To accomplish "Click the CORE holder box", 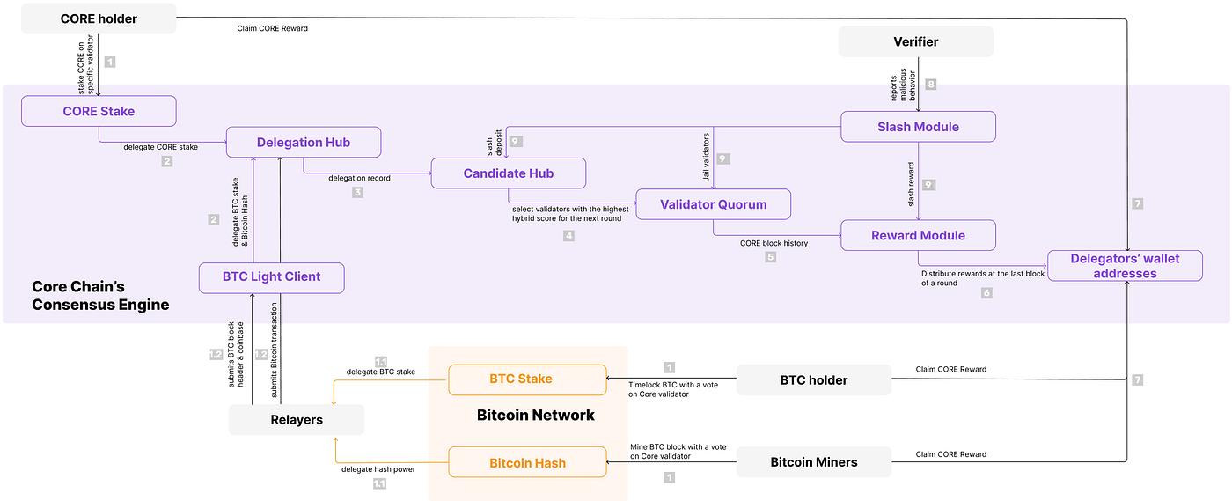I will [99, 19].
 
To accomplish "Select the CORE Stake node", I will [99, 112].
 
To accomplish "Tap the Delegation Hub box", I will [304, 142].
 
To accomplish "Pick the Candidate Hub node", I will [509, 173].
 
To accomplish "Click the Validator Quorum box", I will [714, 204].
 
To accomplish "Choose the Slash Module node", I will [918, 127].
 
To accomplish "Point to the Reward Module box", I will [918, 235].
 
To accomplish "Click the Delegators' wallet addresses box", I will [1125, 266].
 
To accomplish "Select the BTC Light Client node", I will [271, 276].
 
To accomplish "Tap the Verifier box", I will [915, 41].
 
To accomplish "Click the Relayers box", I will [296, 420].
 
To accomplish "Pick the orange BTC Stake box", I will [527, 379].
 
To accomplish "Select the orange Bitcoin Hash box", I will [527, 463].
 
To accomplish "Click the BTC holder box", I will [814, 380].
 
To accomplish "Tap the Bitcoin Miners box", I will [814, 462].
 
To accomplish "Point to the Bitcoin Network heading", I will [535, 416].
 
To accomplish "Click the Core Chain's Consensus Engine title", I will [100, 296].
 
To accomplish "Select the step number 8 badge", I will [931, 85].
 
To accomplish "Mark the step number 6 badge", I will [986, 292].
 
